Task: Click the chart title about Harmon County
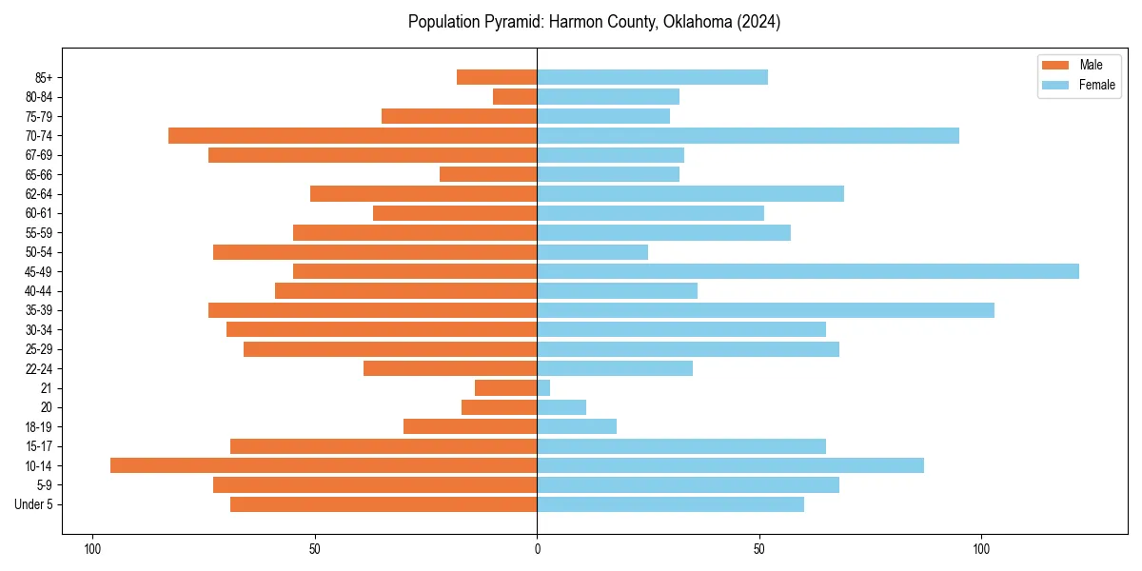(594, 22)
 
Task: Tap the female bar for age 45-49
(808, 271)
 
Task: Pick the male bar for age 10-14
(324, 465)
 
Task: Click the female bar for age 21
(543, 388)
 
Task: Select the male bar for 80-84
(515, 96)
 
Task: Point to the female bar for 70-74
(748, 135)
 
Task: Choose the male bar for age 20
(500, 407)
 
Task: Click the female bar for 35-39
(765, 310)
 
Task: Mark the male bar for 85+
(497, 77)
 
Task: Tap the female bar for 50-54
(592, 252)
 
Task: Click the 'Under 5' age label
(33, 504)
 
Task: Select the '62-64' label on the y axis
(39, 194)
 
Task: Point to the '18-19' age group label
(39, 427)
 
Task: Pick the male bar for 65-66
(488, 174)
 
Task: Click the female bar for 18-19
(577, 426)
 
